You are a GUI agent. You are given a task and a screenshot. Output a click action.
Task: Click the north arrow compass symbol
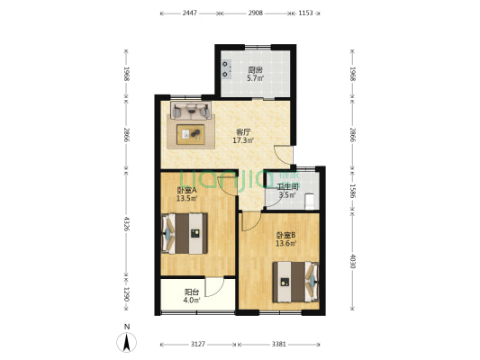tap(126, 342)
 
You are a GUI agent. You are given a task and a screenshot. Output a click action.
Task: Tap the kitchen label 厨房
tap(255, 70)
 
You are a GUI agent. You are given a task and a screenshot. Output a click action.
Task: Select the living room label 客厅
tap(243, 132)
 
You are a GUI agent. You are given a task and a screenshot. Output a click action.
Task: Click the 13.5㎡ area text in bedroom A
tap(186, 198)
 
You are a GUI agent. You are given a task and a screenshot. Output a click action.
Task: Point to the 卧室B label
tap(285, 236)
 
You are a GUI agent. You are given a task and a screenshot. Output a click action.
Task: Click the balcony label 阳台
tap(192, 292)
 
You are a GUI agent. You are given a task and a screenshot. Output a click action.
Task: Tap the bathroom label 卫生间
tap(287, 186)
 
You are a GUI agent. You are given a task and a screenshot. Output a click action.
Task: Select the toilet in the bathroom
tap(310, 201)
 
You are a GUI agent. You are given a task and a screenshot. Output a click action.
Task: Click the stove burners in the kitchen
tap(226, 68)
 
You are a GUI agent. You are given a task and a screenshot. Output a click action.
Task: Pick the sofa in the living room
tap(191, 111)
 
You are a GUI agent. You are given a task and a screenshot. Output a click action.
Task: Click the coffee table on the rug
tap(190, 134)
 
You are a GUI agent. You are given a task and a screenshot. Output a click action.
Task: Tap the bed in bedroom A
tap(185, 233)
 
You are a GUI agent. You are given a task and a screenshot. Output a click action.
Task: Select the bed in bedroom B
tap(295, 282)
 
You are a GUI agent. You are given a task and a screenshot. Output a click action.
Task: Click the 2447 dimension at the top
tap(189, 13)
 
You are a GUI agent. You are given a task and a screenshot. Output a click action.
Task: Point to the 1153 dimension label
tap(305, 13)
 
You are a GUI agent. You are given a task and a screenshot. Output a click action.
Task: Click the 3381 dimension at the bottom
tap(279, 345)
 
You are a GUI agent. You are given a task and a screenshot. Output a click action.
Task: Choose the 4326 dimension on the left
tap(126, 223)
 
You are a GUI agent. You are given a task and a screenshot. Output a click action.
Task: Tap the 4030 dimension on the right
tap(352, 262)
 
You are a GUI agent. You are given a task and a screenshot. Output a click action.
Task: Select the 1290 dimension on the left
tap(126, 294)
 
